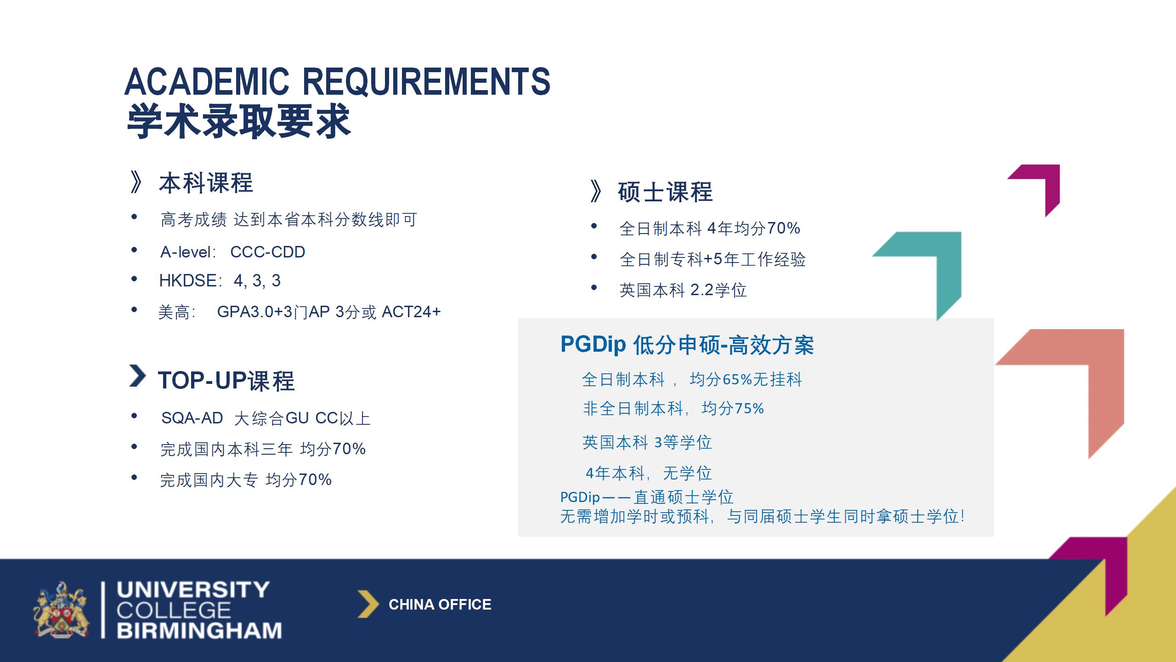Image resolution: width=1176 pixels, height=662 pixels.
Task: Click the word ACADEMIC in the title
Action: (x=207, y=81)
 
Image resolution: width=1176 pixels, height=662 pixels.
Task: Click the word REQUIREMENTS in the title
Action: (x=426, y=81)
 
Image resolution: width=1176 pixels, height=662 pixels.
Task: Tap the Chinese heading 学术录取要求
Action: (x=238, y=121)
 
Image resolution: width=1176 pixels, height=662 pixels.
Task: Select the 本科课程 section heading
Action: (x=206, y=183)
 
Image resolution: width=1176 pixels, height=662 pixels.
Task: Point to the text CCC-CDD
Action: (x=267, y=252)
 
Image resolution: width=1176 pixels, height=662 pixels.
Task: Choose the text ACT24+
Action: (x=411, y=312)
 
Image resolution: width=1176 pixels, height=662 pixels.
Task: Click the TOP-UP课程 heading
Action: (x=226, y=381)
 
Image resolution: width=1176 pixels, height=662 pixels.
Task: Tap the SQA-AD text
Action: (x=192, y=418)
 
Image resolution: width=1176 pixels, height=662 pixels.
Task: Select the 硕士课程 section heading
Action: (x=665, y=192)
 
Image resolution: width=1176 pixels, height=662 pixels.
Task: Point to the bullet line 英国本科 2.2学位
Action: (x=683, y=290)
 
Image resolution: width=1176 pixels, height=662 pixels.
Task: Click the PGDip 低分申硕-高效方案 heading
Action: (x=687, y=345)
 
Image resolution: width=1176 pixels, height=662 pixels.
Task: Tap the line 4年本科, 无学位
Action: (x=649, y=473)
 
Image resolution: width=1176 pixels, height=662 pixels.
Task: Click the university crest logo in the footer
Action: (x=62, y=610)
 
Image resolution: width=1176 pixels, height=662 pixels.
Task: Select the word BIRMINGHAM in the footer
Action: (x=199, y=630)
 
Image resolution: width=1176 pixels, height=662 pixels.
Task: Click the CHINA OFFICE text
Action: (x=440, y=604)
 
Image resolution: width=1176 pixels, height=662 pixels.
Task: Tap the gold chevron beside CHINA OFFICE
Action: (x=368, y=604)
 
